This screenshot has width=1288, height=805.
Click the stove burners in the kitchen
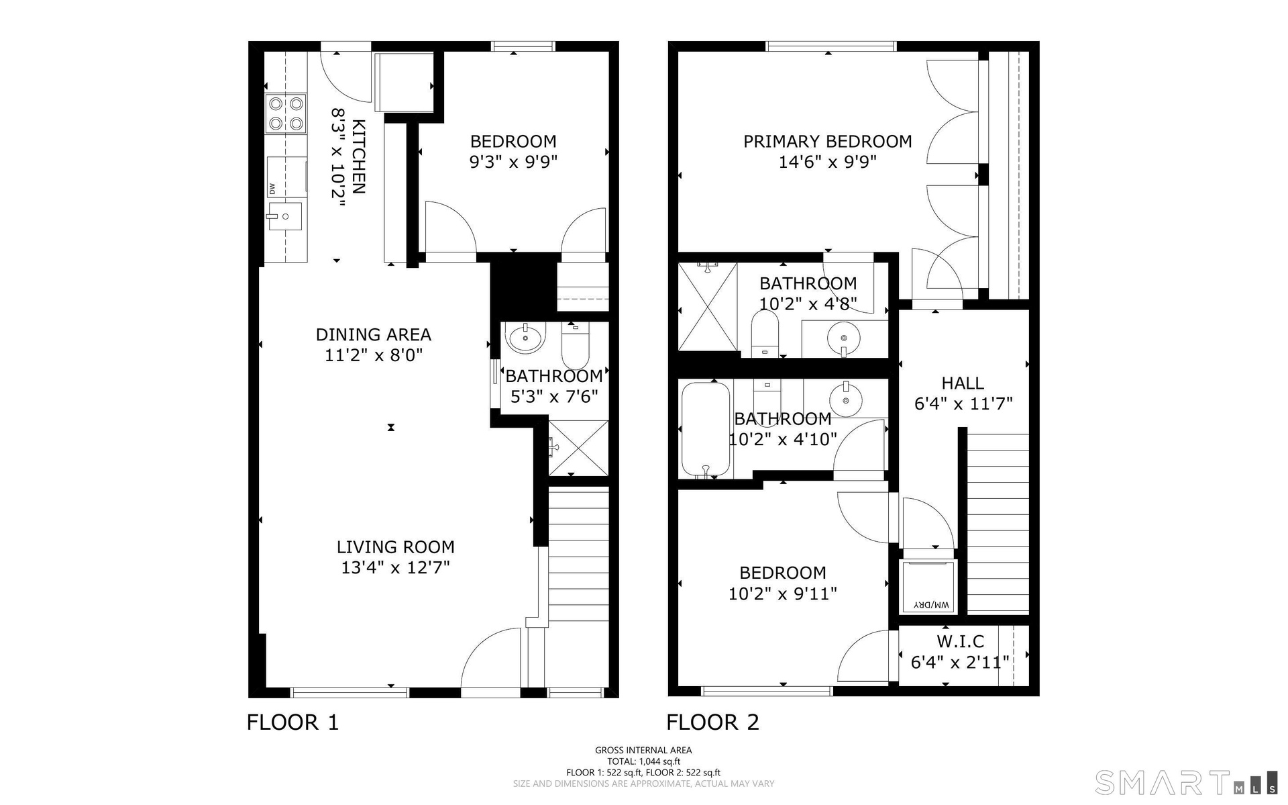coord(286,113)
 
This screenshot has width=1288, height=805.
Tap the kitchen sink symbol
coord(284,216)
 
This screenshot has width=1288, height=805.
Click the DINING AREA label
coord(374,334)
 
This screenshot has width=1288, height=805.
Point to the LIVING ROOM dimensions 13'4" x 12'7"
coord(395,567)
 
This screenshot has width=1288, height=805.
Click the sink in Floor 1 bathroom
coord(527,338)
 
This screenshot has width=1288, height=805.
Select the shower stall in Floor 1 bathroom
coord(578,447)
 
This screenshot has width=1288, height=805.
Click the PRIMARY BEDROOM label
coord(828,142)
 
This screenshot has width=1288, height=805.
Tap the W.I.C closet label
coord(960,641)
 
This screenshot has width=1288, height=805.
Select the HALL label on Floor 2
coord(963,383)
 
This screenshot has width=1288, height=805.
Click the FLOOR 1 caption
coord(293,722)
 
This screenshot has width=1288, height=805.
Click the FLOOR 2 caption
coord(712,722)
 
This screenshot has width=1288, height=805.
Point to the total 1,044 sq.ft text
coord(643,761)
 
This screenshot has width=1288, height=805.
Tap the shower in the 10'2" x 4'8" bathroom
coord(708,307)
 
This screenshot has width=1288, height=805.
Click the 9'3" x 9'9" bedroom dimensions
coord(513,162)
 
